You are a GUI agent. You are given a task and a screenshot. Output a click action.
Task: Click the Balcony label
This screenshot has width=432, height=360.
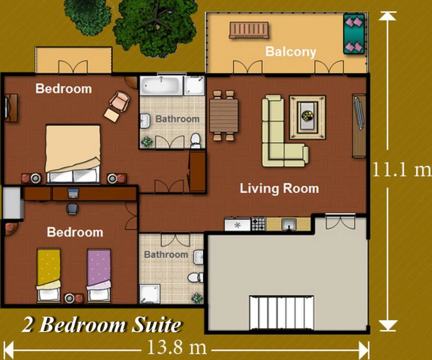point(291,52)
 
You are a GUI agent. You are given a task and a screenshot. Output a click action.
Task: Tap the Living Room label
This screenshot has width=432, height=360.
point(279,189)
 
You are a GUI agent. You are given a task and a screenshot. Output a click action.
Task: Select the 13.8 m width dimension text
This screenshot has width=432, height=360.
point(177,347)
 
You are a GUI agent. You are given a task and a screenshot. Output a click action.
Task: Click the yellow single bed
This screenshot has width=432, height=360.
point(48,275)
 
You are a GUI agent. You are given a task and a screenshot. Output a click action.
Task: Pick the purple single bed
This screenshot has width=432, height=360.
point(99,275)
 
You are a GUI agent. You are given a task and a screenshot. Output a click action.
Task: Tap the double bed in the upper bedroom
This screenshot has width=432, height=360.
point(73,154)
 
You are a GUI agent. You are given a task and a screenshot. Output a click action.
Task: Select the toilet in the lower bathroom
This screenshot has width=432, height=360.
point(195,277)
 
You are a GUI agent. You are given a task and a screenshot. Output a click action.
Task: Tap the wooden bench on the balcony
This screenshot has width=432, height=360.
point(249,30)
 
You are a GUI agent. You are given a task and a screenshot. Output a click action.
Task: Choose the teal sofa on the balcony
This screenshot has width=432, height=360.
point(354,34)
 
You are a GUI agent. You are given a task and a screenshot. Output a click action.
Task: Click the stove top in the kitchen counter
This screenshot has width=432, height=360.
point(258,224)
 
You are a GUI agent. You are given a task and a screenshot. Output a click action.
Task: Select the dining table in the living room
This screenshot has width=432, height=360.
point(224,116)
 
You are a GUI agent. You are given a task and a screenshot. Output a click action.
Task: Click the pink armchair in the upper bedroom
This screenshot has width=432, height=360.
point(120,101)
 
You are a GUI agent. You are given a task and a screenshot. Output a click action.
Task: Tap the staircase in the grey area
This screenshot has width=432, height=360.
point(282,312)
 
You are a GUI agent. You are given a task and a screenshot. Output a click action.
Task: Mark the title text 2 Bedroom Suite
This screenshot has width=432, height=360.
point(102,325)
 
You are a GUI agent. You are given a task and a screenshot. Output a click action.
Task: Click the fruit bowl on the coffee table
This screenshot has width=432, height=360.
point(307,115)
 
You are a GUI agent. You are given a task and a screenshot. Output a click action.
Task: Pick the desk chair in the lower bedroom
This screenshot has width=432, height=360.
point(73,209)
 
